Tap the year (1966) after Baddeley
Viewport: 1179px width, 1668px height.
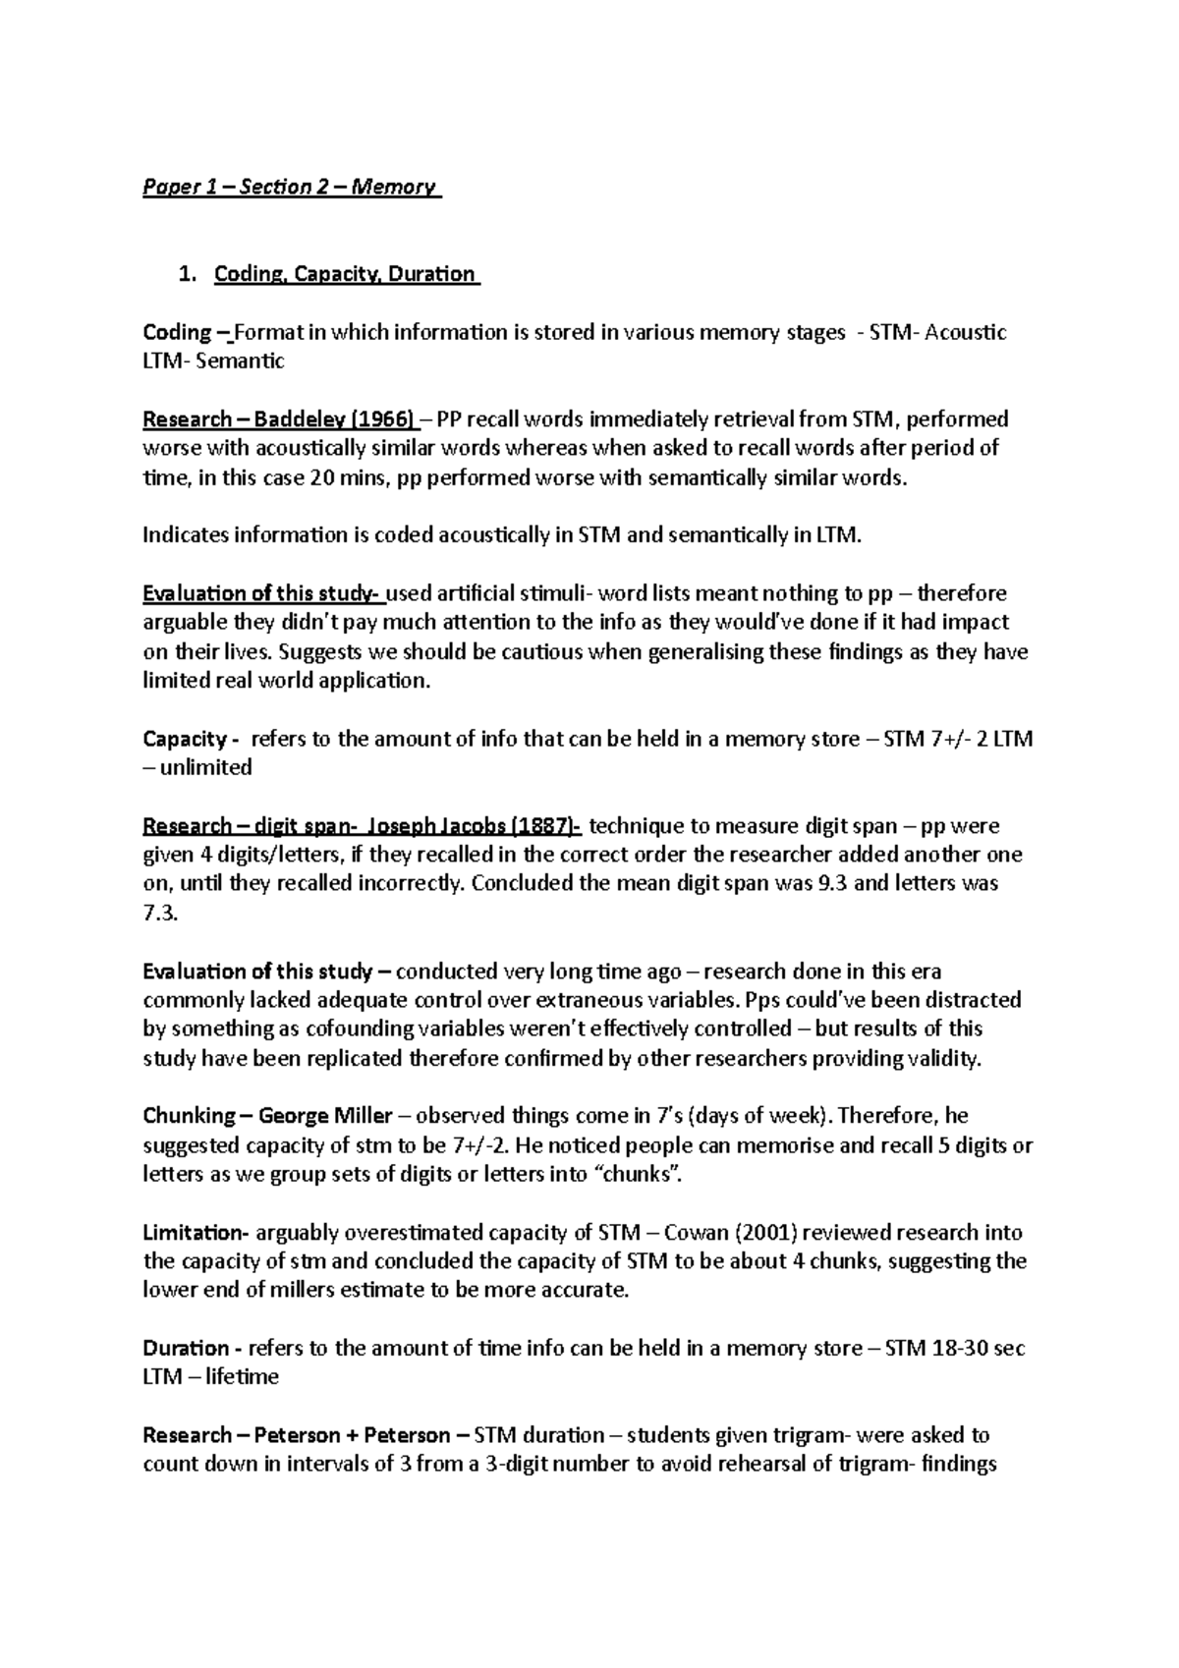point(381,419)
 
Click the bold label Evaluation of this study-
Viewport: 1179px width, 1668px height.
point(264,593)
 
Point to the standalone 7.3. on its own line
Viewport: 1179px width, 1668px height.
point(161,913)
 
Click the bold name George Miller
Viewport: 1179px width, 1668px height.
point(325,1116)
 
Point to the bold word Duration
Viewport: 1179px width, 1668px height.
point(186,1348)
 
